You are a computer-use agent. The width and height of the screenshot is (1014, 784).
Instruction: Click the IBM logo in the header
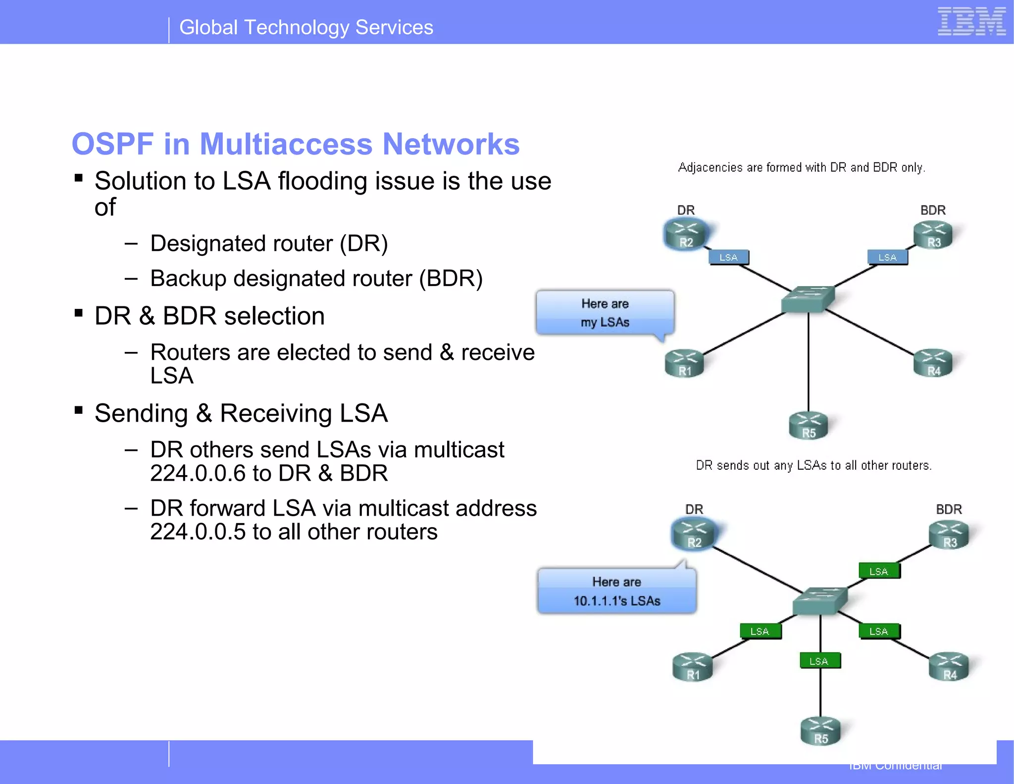pyautogui.click(x=971, y=22)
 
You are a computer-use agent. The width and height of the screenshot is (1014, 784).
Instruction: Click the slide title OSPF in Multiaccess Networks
pyautogui.click(x=296, y=144)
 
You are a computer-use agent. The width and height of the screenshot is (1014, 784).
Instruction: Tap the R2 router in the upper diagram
pyautogui.click(x=686, y=235)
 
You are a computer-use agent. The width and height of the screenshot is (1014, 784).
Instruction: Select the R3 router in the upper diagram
pyautogui.click(x=933, y=235)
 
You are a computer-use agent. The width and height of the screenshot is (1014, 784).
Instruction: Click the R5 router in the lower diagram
pyautogui.click(x=820, y=731)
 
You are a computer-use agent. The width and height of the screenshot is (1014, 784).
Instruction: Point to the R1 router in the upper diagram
pyautogui.click(x=685, y=364)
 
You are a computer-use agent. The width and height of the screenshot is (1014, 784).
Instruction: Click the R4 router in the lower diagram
pyautogui.click(x=949, y=667)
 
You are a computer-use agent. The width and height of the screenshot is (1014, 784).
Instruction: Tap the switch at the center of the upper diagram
pyautogui.click(x=808, y=299)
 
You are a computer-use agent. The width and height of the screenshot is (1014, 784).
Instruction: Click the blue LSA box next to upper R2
pyautogui.click(x=728, y=257)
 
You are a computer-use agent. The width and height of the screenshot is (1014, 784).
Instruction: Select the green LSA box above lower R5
pyautogui.click(x=819, y=661)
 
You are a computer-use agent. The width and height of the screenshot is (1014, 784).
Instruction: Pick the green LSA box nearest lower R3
pyautogui.click(x=879, y=571)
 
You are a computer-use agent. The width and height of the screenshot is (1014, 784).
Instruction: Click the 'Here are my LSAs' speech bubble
pyautogui.click(x=605, y=313)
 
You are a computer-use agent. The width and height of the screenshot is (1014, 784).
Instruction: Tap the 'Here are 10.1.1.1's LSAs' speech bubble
pyautogui.click(x=616, y=591)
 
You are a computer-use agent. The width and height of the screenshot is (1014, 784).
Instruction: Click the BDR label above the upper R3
pyautogui.click(x=933, y=210)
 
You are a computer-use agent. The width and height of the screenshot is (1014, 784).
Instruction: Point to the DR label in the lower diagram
pyautogui.click(x=694, y=509)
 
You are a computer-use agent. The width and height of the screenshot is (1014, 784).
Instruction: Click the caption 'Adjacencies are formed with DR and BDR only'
pyautogui.click(x=801, y=167)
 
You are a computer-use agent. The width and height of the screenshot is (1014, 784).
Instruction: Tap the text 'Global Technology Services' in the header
pyautogui.click(x=306, y=27)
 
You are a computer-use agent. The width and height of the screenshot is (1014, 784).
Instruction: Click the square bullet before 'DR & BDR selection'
pyautogui.click(x=78, y=313)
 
